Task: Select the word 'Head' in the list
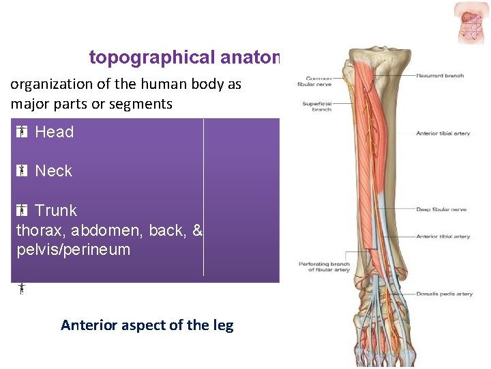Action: [54, 133]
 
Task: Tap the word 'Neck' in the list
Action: [53, 171]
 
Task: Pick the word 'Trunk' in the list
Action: [56, 210]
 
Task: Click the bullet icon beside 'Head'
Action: [22, 133]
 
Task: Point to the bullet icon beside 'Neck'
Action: [22, 171]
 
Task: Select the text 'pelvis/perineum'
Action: [73, 249]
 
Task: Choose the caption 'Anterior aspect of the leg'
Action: [147, 325]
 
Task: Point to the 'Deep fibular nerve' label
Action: [441, 209]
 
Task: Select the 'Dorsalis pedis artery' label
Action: [444, 294]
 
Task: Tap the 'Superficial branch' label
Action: [317, 107]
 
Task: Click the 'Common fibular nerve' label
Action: [314, 81]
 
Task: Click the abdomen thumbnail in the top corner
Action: [471, 23]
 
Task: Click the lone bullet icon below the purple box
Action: [22, 288]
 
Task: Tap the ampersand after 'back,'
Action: [198, 231]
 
